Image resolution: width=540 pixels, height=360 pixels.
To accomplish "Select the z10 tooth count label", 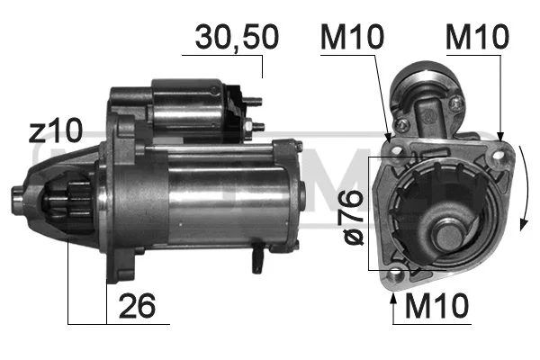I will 55,132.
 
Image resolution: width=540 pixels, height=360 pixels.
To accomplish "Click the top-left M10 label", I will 351,37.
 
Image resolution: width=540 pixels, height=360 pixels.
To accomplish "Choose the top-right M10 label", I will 478,37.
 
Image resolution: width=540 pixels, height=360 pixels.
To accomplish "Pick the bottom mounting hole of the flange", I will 396,275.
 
